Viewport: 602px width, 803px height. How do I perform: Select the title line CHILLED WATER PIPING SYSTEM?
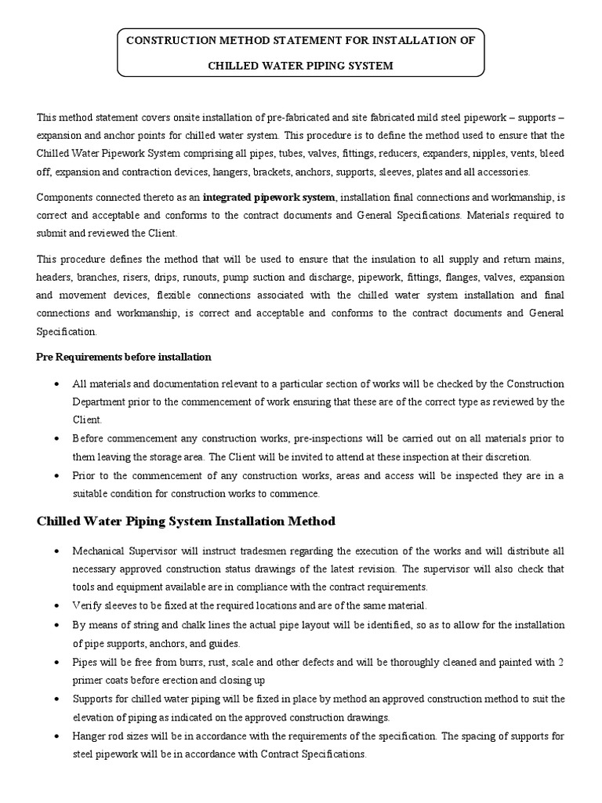[300, 66]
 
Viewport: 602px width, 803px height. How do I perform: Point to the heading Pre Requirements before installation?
[124, 357]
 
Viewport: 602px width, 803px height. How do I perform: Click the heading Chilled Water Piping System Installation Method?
[187, 521]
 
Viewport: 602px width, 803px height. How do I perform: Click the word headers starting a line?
[56, 277]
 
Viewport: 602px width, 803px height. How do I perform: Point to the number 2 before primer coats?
[561, 663]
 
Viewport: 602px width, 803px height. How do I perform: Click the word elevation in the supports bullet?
[97, 718]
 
